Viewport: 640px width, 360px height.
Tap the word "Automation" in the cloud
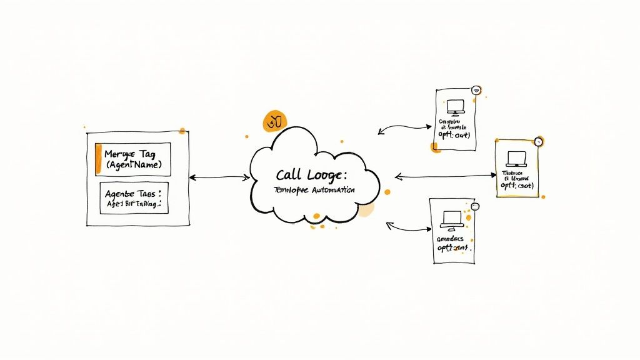click(330, 189)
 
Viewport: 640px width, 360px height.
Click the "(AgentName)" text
click(134, 165)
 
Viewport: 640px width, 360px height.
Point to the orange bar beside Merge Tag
click(98, 159)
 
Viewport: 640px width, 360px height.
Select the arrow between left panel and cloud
click(219, 177)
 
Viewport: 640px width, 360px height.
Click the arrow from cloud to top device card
click(404, 127)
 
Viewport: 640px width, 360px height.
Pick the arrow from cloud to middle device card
click(445, 176)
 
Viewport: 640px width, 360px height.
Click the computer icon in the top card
click(455, 107)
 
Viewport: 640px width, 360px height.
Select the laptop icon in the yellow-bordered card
click(517, 158)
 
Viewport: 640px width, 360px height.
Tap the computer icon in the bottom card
click(451, 218)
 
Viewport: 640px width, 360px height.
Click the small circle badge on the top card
click(476, 91)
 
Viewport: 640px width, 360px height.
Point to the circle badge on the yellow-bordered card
click(539, 142)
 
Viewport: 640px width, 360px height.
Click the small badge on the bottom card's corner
click(474, 206)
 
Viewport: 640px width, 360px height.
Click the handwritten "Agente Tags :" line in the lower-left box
click(133, 194)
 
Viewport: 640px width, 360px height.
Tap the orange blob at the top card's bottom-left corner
click(435, 147)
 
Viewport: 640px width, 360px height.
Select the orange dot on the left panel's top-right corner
click(182, 131)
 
